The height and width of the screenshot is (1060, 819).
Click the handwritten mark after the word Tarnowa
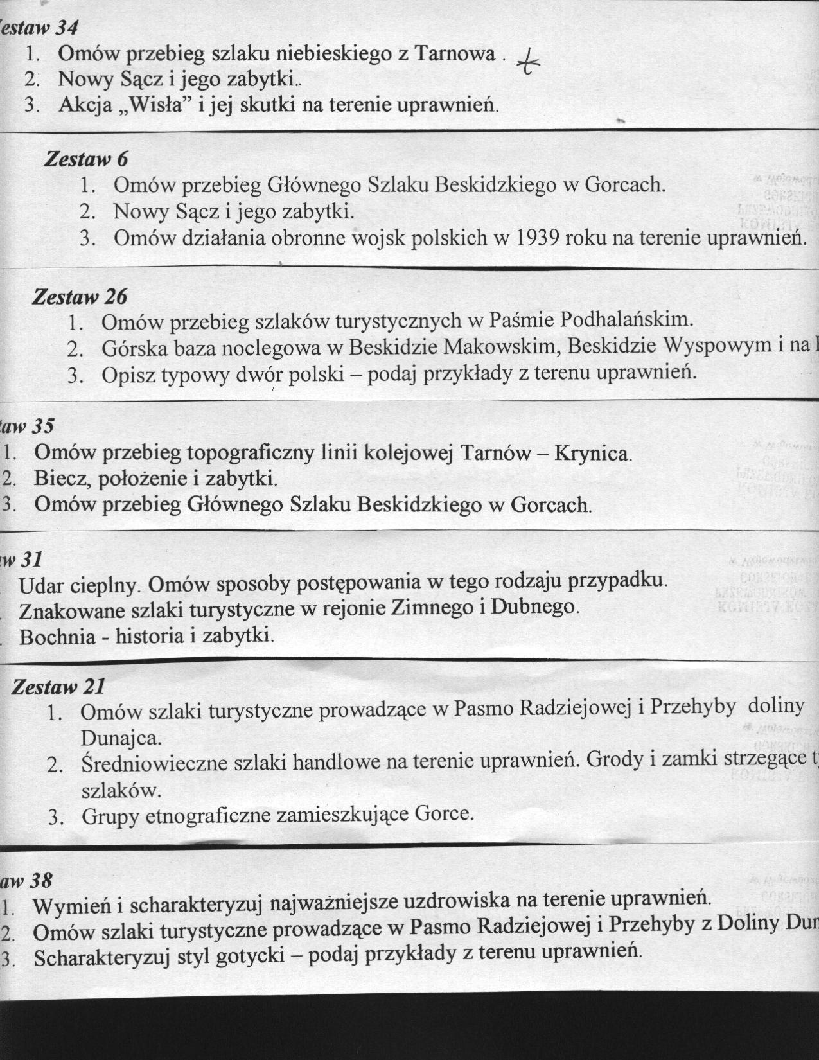coord(530,63)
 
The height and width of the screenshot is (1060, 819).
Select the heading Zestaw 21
coord(58,687)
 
